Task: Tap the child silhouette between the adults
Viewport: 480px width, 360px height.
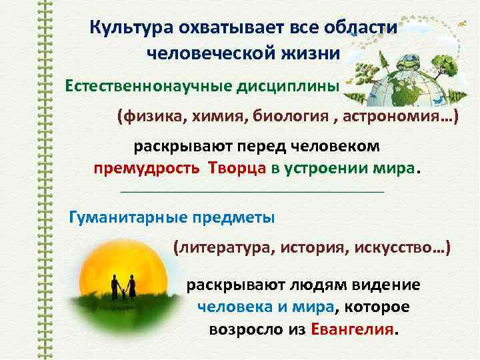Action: click(123, 293)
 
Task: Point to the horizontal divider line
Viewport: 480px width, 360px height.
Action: click(252, 192)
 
